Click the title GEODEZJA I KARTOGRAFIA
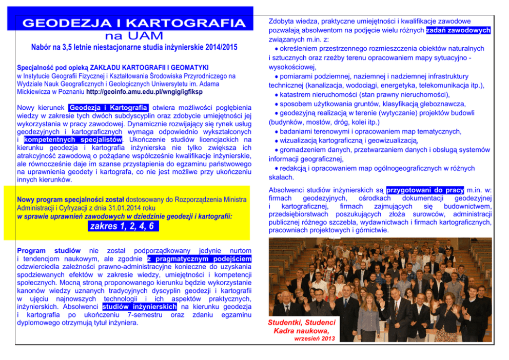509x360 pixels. (134, 23)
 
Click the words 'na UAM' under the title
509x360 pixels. (134, 35)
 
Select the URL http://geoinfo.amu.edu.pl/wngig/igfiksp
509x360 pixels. (145, 92)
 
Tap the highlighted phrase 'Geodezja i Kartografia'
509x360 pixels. (109, 108)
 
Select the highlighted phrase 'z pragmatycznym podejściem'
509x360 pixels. (199, 259)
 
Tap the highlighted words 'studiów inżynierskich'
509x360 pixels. (140, 307)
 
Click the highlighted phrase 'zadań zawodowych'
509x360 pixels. (458, 30)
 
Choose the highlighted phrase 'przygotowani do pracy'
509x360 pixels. (425, 189)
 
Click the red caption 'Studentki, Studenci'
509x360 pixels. (302, 323)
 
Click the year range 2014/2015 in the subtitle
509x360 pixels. (216, 48)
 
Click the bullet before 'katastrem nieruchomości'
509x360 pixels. (277, 95)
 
